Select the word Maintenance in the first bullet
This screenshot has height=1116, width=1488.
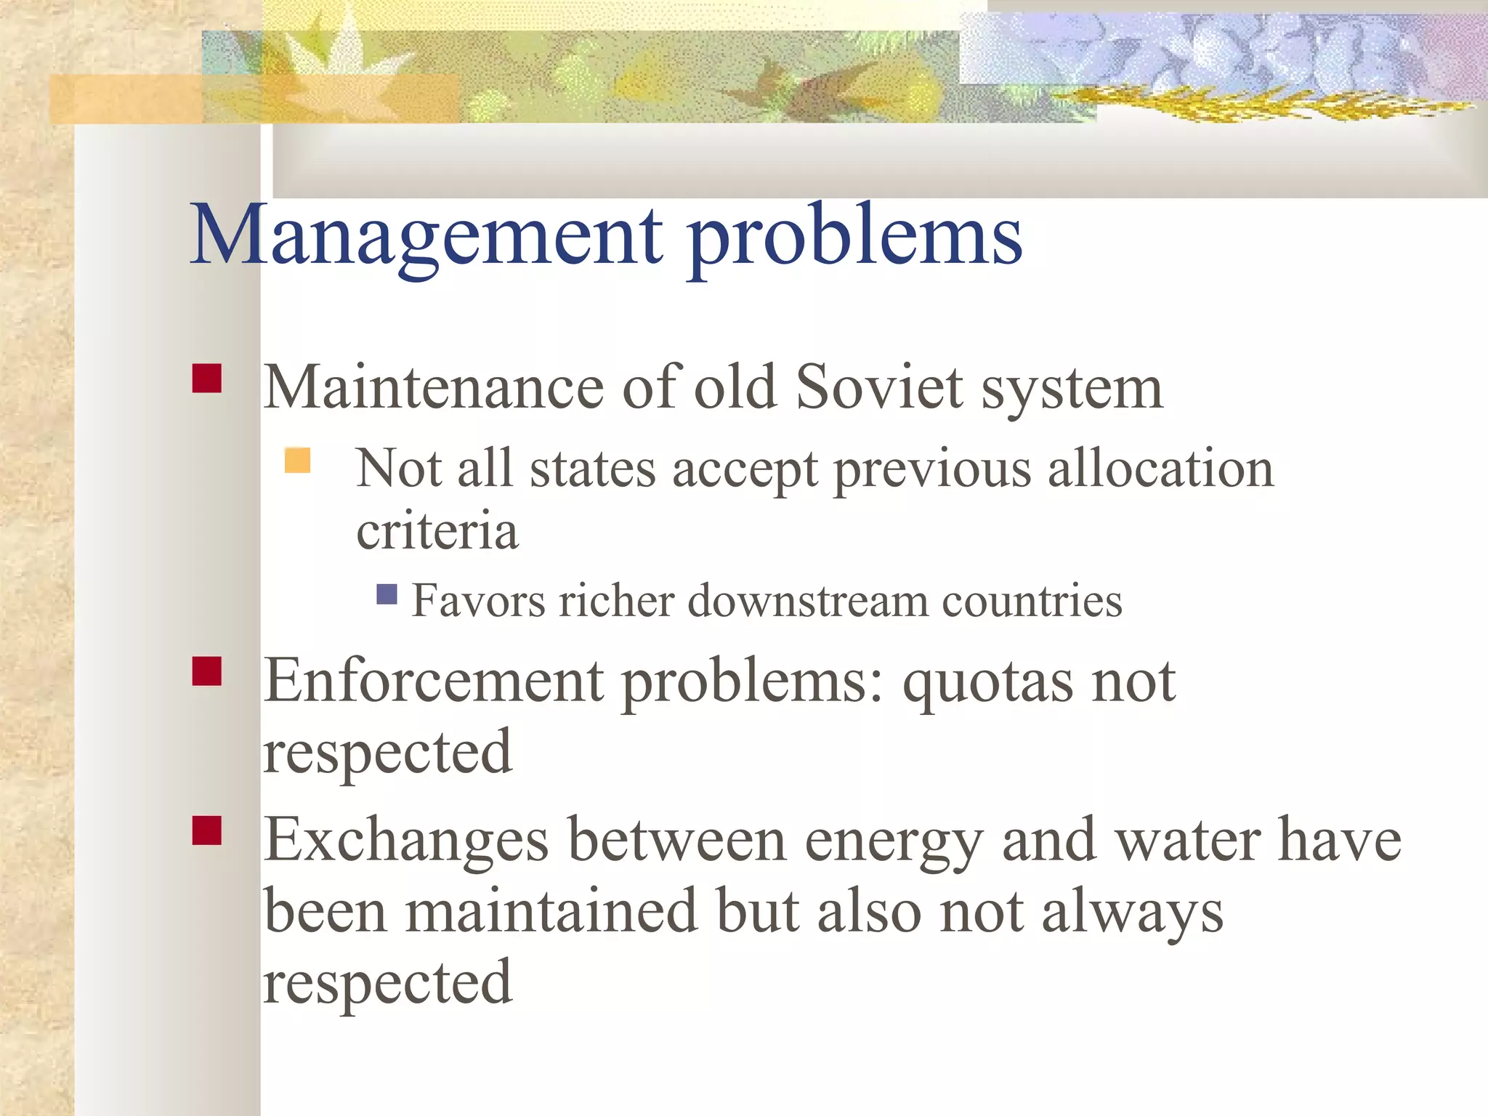[433, 387]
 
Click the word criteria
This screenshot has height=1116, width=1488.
[437, 530]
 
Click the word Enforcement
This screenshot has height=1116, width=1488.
[434, 681]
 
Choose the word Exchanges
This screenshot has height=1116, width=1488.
[405, 840]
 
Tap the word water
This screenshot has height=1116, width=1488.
[1188, 840]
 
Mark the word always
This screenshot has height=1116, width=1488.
[1133, 913]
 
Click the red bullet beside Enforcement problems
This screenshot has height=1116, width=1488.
[207, 671]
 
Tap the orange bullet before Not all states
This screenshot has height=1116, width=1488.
[298, 461]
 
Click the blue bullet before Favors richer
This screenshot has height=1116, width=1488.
[387, 594]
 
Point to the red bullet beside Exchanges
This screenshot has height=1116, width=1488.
[207, 830]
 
